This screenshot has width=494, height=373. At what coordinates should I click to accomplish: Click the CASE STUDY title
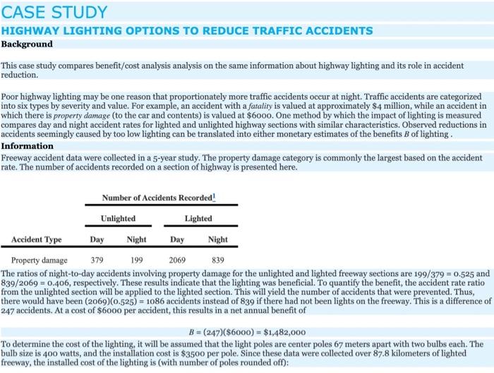55,12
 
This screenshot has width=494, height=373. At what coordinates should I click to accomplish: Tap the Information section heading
28,146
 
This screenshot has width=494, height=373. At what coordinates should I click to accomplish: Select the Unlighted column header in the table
118,218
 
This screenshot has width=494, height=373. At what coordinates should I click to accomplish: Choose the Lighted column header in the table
198,218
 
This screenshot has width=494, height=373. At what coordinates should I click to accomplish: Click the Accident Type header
36,239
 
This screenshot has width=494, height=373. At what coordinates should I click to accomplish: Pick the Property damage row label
40,260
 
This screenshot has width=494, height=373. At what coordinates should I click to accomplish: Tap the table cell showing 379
97,260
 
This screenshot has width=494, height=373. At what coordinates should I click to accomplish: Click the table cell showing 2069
178,260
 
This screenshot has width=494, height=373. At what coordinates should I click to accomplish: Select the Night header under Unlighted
136,239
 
